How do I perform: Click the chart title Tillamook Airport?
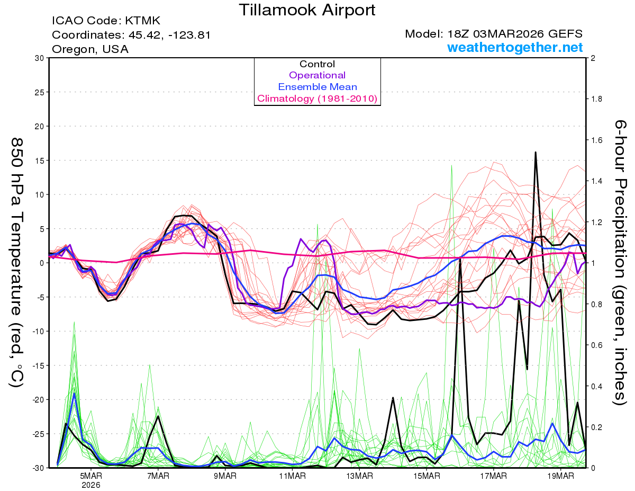(x=307, y=10)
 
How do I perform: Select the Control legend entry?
(x=317, y=64)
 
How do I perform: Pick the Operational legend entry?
(x=317, y=75)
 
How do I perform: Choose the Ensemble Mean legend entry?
(x=317, y=87)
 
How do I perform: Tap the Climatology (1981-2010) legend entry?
(x=317, y=99)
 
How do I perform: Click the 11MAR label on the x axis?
(x=292, y=476)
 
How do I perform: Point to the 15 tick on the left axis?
(x=38, y=160)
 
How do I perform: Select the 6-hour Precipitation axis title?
(x=620, y=262)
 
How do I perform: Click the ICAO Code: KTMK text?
(x=106, y=21)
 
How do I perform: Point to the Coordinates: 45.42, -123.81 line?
(x=131, y=35)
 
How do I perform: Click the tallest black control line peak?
(x=536, y=153)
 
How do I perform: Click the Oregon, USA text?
(x=90, y=49)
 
